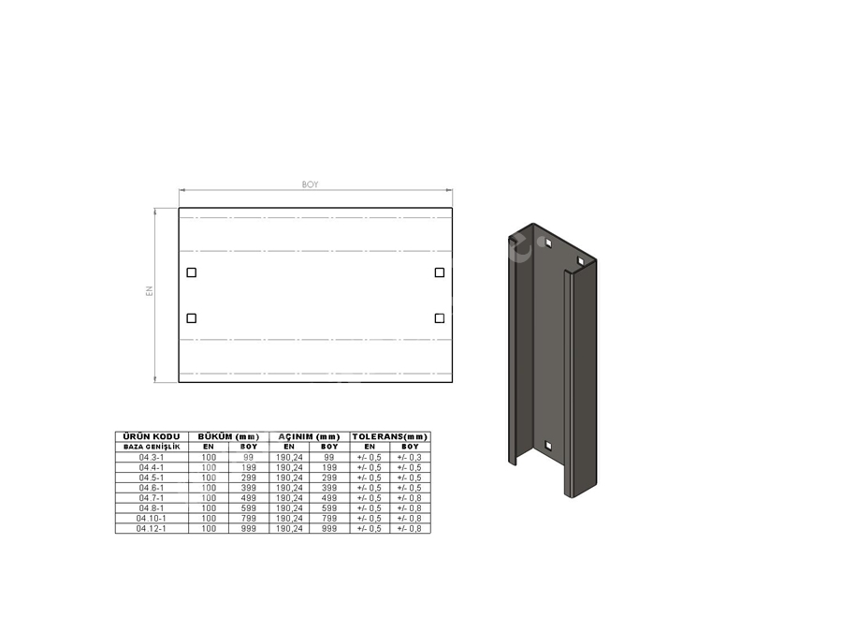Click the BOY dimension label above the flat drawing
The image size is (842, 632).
coord(310,184)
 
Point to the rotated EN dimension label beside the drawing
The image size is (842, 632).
coord(150,291)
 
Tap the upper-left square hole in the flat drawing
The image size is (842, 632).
coord(191,272)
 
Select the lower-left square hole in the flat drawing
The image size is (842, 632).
coord(191,318)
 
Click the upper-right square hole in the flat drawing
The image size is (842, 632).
coord(440,272)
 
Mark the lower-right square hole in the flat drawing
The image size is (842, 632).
coord(440,318)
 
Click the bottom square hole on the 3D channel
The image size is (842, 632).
coord(548,446)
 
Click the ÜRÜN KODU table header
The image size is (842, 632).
coord(152,436)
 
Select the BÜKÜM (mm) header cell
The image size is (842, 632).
coord(228,436)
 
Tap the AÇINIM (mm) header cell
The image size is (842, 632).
coord(310,436)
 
